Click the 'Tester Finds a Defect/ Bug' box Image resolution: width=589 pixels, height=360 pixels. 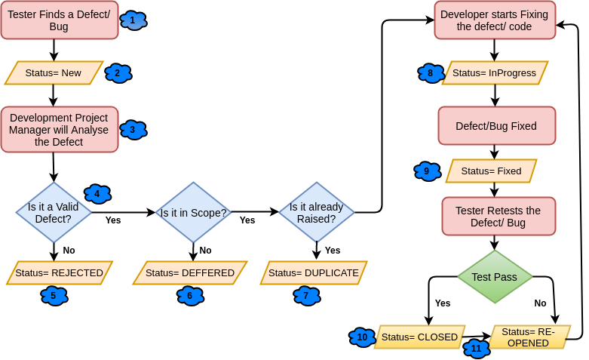coord(59,20)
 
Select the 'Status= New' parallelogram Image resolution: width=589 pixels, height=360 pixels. coord(54,73)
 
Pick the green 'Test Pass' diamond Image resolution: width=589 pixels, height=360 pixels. coord(494,277)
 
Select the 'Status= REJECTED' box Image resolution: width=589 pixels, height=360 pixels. coord(59,272)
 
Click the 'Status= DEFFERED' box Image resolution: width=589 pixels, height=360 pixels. coord(190,272)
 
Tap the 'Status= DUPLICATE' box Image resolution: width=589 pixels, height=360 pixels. coord(314,272)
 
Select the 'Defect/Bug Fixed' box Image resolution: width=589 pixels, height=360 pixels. coord(496,125)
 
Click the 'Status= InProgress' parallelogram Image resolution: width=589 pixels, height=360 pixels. coord(495,73)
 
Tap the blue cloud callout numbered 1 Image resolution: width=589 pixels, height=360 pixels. coord(133,20)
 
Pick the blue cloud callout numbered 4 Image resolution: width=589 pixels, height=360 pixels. coord(97,193)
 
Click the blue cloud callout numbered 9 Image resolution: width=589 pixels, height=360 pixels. coord(427,171)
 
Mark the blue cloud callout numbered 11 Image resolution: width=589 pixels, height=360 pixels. coord(477,348)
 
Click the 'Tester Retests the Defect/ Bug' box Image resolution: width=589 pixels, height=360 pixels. coord(498,217)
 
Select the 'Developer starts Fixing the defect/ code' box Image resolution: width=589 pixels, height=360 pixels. coord(495,20)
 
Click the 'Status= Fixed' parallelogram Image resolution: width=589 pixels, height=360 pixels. coord(491,171)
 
